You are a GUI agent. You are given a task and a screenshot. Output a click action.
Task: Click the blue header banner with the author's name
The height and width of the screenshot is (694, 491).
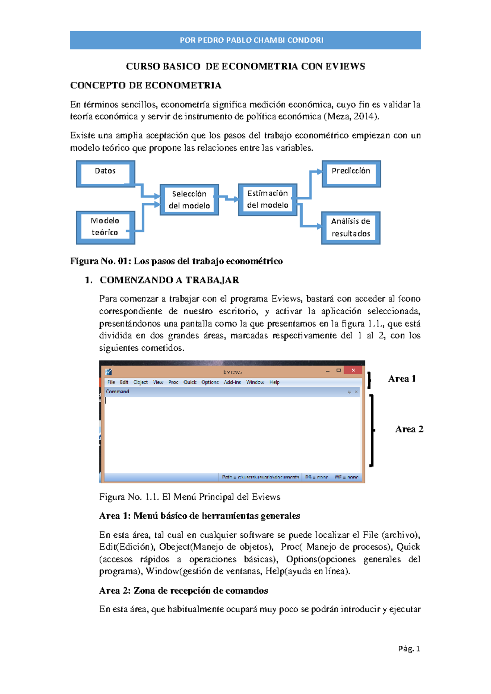245,40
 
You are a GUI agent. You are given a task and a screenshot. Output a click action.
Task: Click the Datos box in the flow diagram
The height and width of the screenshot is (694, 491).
106,173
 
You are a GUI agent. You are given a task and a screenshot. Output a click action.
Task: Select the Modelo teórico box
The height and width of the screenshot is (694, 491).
106,227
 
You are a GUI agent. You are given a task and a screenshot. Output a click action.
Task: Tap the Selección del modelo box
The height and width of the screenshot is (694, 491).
189,200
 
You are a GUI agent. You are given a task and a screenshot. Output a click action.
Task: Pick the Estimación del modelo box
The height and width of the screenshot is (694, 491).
268,199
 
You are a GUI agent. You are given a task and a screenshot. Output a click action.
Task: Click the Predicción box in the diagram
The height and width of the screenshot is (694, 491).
351,173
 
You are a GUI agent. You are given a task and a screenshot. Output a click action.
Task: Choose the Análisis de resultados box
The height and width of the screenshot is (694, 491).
351,228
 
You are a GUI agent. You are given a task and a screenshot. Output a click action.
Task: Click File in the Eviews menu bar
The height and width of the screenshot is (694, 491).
111,382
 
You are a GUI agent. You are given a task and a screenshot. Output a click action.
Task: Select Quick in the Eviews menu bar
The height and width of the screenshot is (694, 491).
190,382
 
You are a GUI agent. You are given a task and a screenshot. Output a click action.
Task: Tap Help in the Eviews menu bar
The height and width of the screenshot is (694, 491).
275,382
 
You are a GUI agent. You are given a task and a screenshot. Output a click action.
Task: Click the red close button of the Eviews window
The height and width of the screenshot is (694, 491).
353,370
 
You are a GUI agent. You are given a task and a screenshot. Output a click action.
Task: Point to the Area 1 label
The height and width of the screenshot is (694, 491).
402,379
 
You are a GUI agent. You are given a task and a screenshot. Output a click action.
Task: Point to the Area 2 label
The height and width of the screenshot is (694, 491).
409,429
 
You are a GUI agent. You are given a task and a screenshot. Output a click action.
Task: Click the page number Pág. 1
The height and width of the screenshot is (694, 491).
409,648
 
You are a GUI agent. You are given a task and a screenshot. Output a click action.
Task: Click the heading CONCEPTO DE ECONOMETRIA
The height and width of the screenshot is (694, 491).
146,86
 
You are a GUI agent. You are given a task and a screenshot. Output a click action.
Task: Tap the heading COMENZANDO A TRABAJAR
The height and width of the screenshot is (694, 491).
169,280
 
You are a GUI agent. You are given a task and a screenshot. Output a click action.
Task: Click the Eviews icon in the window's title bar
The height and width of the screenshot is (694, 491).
108,372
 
